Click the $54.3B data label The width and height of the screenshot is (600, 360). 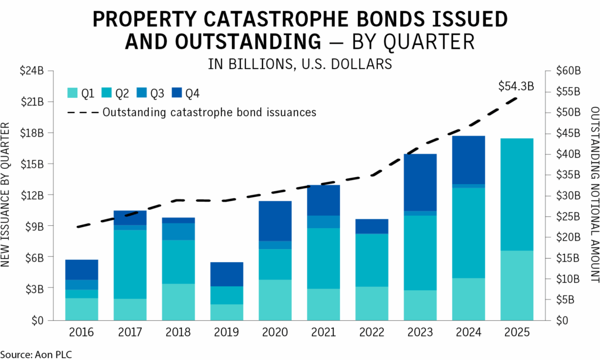click(x=516, y=86)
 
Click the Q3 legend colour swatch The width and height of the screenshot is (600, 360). click(x=141, y=93)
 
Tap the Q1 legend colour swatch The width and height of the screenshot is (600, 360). click(x=73, y=93)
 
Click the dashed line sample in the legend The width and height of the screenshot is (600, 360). click(x=81, y=112)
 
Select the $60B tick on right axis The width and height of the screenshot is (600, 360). click(x=568, y=71)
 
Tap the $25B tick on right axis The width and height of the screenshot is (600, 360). click(x=568, y=216)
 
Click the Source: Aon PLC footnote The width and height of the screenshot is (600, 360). click(x=36, y=354)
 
